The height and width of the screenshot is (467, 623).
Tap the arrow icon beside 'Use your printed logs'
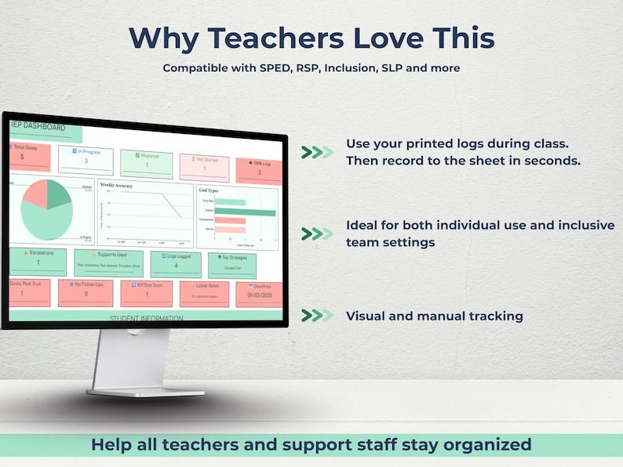(x=317, y=152)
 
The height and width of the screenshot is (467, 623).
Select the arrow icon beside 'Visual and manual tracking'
(x=317, y=315)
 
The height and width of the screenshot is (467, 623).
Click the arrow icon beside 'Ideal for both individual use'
(x=317, y=233)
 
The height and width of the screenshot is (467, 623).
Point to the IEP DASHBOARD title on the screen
(x=38, y=126)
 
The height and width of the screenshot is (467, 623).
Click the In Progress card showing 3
(x=86, y=157)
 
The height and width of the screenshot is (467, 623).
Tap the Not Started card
(x=204, y=165)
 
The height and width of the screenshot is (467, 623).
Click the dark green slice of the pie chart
(x=58, y=194)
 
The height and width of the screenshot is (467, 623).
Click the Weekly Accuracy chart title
(x=116, y=186)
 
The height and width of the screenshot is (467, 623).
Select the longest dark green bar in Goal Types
(x=245, y=212)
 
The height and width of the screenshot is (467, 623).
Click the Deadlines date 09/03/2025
(x=259, y=295)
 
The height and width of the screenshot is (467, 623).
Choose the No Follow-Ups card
(x=86, y=291)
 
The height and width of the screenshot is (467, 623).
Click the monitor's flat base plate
(x=146, y=391)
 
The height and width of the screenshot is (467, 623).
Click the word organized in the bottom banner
(x=487, y=445)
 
